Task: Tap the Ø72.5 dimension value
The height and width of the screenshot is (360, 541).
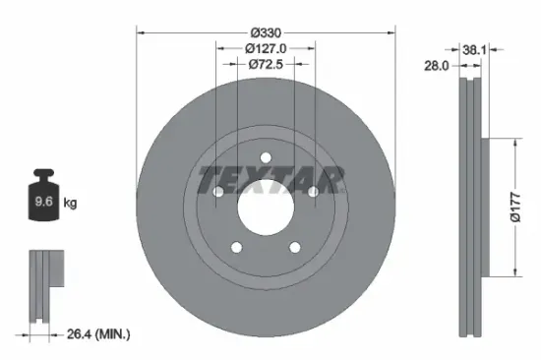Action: pos(266,64)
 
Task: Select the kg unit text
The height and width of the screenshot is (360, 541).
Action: pos(70,204)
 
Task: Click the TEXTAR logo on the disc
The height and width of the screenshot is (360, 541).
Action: pos(270,180)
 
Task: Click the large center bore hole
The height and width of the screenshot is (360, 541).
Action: pos(266,207)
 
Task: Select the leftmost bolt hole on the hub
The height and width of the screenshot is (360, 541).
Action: pos(218,193)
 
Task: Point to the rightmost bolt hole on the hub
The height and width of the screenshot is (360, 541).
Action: pos(313,193)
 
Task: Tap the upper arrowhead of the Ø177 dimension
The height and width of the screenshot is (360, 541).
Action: pos(511,142)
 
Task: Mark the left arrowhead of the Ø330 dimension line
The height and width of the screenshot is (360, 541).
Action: pos(139,30)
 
